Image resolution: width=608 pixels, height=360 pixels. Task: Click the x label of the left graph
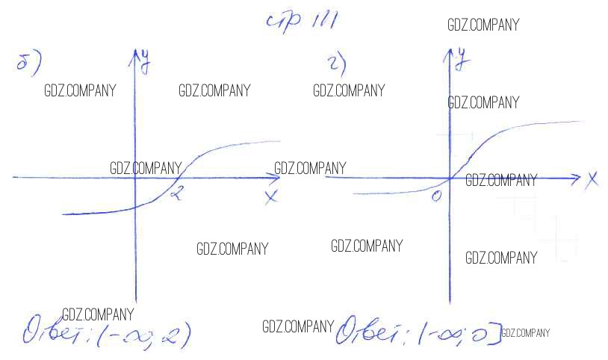pos(270,196)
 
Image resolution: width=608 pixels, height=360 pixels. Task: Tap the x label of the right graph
pos(592,179)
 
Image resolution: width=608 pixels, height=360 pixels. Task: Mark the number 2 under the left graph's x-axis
pos(176,195)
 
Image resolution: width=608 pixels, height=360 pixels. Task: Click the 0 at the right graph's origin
pos(437,195)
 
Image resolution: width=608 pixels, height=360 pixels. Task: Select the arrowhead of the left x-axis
pos(276,178)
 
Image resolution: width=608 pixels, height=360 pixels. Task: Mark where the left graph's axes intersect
pos(135,178)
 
